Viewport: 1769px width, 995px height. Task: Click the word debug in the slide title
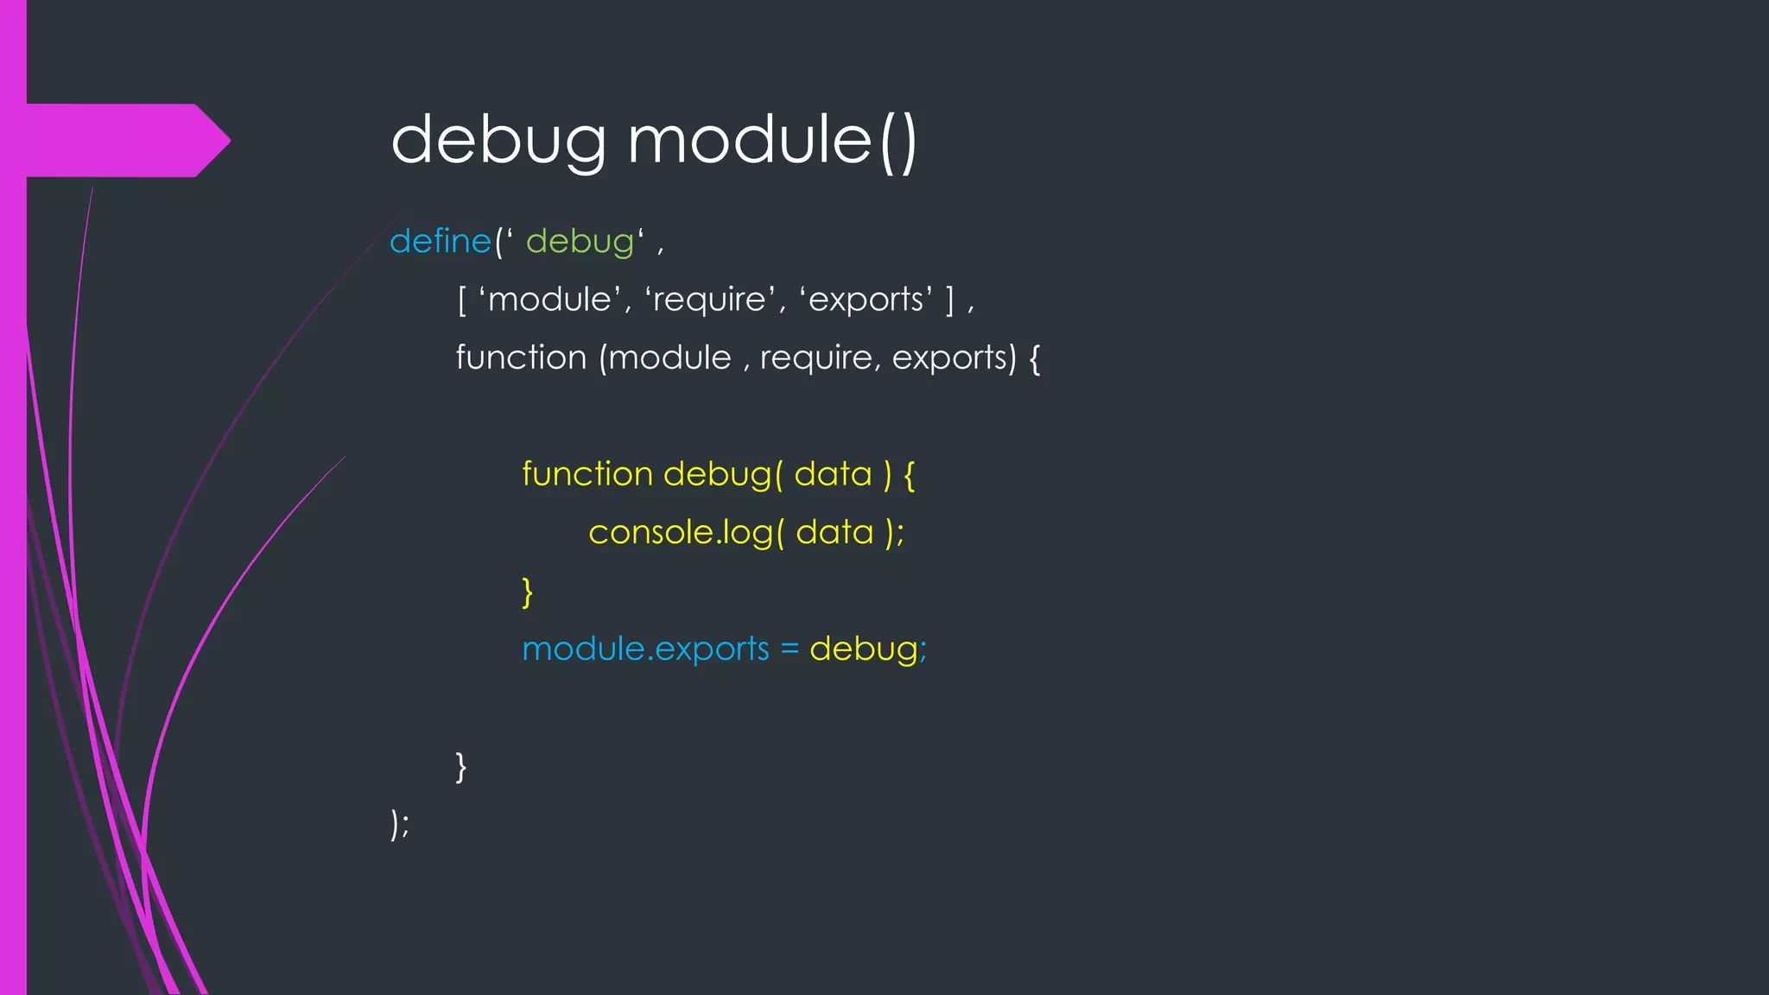(498, 140)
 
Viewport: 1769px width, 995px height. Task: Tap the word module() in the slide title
(771, 140)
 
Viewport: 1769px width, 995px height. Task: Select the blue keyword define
(441, 241)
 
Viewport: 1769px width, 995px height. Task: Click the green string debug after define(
(580, 242)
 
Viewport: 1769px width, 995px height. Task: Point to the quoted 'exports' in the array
(866, 300)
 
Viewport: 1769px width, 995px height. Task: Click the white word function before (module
(521, 358)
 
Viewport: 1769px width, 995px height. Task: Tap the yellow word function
(587, 474)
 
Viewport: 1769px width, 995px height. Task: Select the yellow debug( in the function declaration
(722, 474)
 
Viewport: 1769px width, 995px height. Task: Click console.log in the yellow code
(679, 533)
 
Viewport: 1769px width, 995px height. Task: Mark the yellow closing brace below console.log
(528, 592)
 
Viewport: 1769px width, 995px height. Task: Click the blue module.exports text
(645, 649)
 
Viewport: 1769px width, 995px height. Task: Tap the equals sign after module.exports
(789, 649)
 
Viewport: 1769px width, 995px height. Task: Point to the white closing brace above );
(461, 766)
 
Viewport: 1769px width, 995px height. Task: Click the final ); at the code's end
(400, 824)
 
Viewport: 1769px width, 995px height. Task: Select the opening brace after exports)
(1035, 358)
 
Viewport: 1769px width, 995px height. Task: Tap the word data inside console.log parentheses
(834, 533)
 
